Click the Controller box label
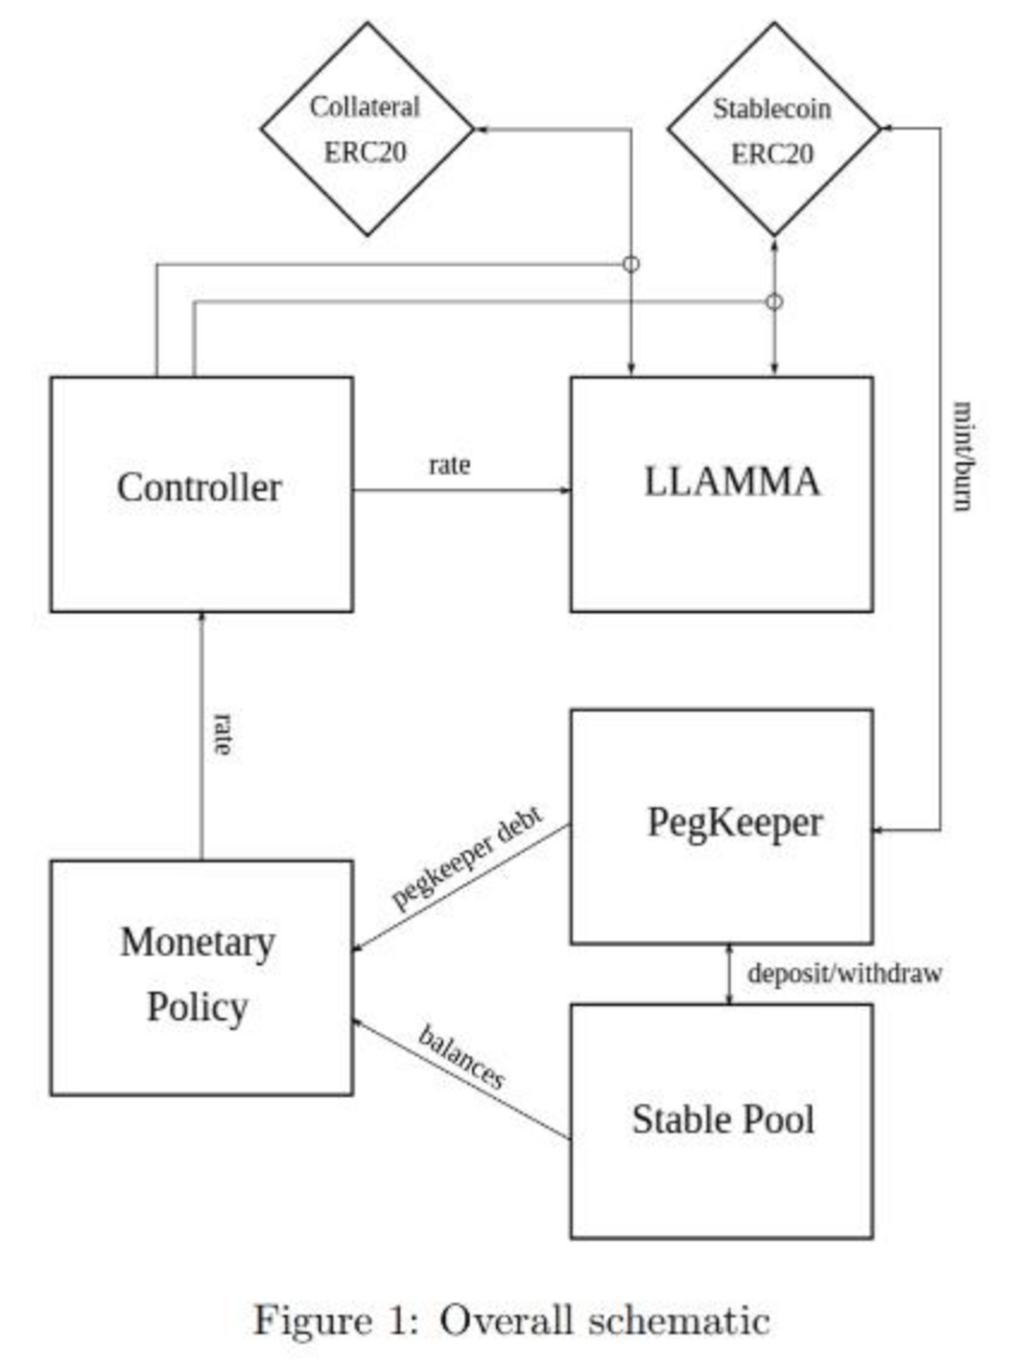click(x=199, y=488)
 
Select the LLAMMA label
click(x=732, y=482)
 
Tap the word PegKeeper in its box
click(x=735, y=824)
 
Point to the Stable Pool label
click(x=723, y=1120)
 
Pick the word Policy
click(x=197, y=1007)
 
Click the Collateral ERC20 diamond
click(x=367, y=129)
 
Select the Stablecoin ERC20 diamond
click(x=773, y=129)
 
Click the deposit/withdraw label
click(x=844, y=974)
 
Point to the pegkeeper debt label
click(x=467, y=858)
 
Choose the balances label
click(x=461, y=1057)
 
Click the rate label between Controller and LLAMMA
click(x=450, y=465)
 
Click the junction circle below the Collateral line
click(x=631, y=264)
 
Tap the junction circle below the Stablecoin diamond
click(x=774, y=302)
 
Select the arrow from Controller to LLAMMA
click(x=462, y=490)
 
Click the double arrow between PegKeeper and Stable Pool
click(x=730, y=974)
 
